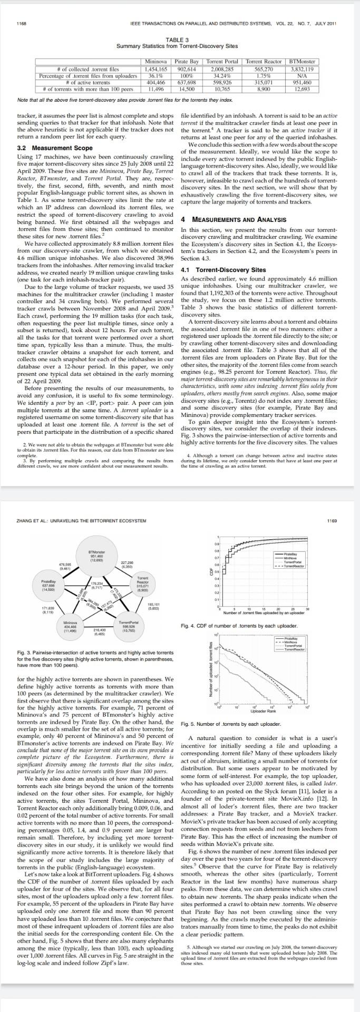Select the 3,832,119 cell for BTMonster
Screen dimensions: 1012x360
[302, 69]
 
